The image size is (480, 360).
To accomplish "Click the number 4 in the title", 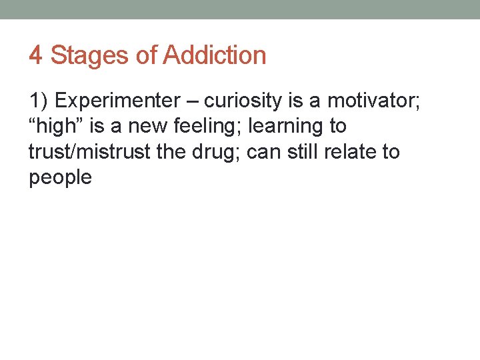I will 36,55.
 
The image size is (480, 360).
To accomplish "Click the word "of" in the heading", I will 146,55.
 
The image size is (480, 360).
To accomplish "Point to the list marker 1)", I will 38,101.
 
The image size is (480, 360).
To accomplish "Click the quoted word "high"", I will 59,126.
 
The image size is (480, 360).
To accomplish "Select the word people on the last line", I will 60,177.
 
